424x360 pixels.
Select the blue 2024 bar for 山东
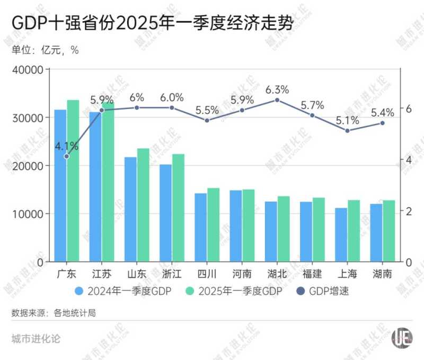[130, 209]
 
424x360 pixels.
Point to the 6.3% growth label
[277, 88]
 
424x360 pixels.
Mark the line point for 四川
[207, 120]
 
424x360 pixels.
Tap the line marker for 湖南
[382, 123]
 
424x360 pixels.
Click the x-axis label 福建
[312, 274]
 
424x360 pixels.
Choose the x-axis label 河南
[242, 274]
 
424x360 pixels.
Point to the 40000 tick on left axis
[30, 69]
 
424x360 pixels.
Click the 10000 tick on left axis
[30, 214]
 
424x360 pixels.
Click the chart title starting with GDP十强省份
[152, 23]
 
